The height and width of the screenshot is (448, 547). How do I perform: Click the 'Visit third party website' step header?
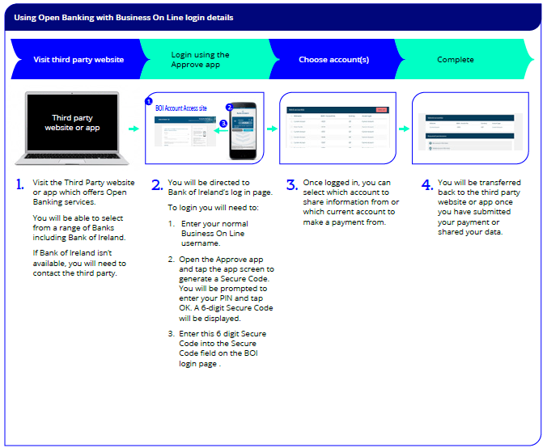tap(78, 60)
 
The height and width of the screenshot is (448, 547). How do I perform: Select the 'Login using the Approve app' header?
tap(200, 60)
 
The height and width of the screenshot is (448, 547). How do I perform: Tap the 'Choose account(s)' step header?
tap(333, 60)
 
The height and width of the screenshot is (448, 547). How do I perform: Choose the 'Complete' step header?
tap(456, 60)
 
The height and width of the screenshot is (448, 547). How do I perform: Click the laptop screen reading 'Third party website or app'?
tap(72, 123)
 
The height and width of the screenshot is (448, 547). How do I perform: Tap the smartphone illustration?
tap(244, 130)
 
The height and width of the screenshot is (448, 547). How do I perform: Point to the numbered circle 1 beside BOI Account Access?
tap(148, 102)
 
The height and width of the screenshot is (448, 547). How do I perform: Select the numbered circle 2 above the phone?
tap(229, 107)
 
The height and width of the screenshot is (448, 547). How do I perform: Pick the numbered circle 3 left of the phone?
tap(223, 124)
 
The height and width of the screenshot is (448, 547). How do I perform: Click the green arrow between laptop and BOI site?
tap(134, 129)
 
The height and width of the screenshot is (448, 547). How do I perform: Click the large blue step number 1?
tap(20, 185)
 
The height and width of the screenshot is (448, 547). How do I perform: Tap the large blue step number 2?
tap(157, 185)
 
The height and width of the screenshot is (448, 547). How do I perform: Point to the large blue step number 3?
tap(292, 185)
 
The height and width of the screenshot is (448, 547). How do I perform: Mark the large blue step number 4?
tap(427, 185)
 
